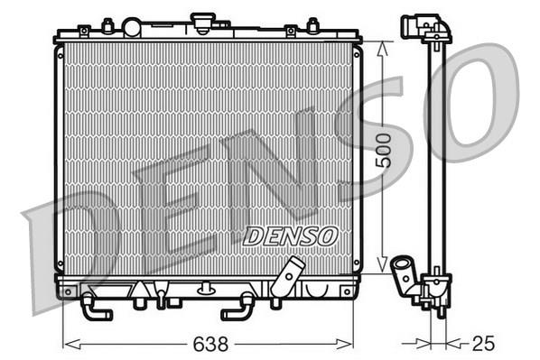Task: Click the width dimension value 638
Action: (x=210, y=344)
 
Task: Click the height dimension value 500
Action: (x=384, y=151)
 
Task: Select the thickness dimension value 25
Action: (x=483, y=344)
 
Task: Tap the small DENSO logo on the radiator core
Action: (x=290, y=236)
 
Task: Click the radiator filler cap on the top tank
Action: (x=203, y=23)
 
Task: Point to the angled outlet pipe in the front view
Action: (x=287, y=277)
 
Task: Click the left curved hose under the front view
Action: (x=95, y=308)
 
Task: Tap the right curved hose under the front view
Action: (x=237, y=308)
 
